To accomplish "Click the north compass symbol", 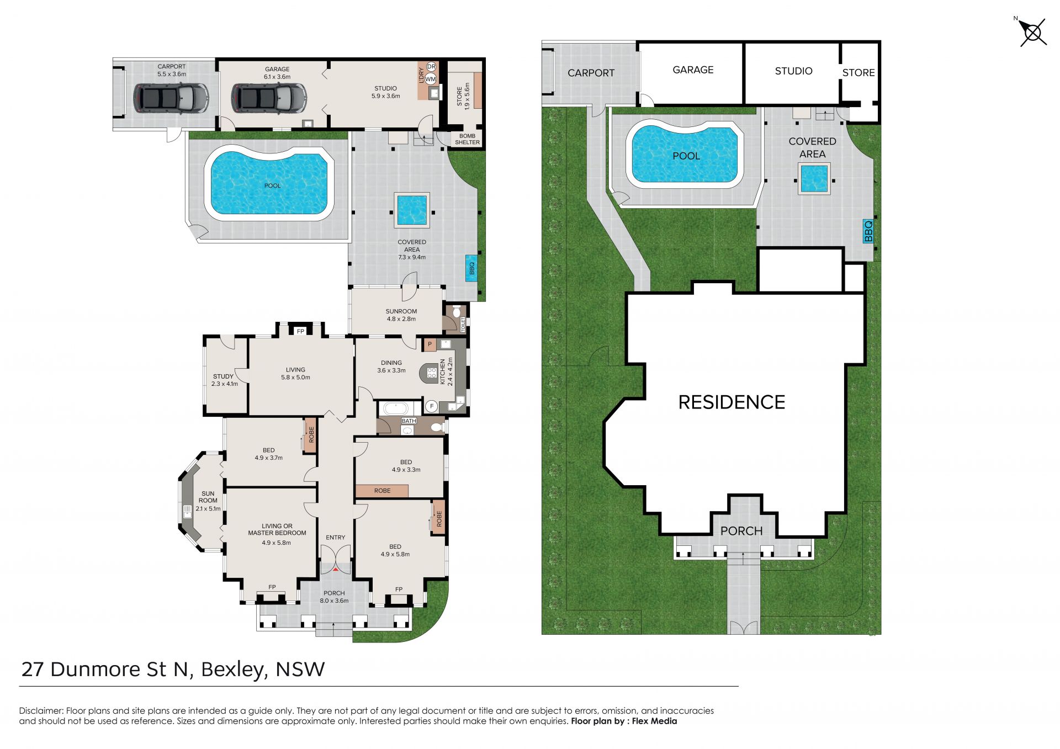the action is tap(1032, 33).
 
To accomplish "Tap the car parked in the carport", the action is tap(171, 98).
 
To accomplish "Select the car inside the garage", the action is tap(269, 98).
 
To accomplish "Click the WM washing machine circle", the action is tap(431, 79).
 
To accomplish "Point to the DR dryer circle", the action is tap(431, 67).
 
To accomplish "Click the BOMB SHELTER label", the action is tap(467, 139).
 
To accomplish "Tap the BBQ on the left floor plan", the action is tap(471, 268).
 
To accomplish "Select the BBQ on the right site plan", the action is tap(868, 231).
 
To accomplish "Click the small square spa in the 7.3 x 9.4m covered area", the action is tap(412, 210).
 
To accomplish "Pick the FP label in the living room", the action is tap(300, 331).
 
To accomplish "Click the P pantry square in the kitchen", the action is tap(430, 345).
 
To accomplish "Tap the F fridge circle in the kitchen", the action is tap(432, 406).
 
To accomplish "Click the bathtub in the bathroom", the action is tap(395, 409).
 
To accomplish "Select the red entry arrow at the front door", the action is tap(335, 569).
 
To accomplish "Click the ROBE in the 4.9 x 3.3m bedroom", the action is tap(382, 491).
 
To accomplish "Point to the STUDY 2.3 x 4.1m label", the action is tap(224, 380).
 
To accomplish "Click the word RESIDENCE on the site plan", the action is tap(732, 402).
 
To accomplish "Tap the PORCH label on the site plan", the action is tap(741, 531).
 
